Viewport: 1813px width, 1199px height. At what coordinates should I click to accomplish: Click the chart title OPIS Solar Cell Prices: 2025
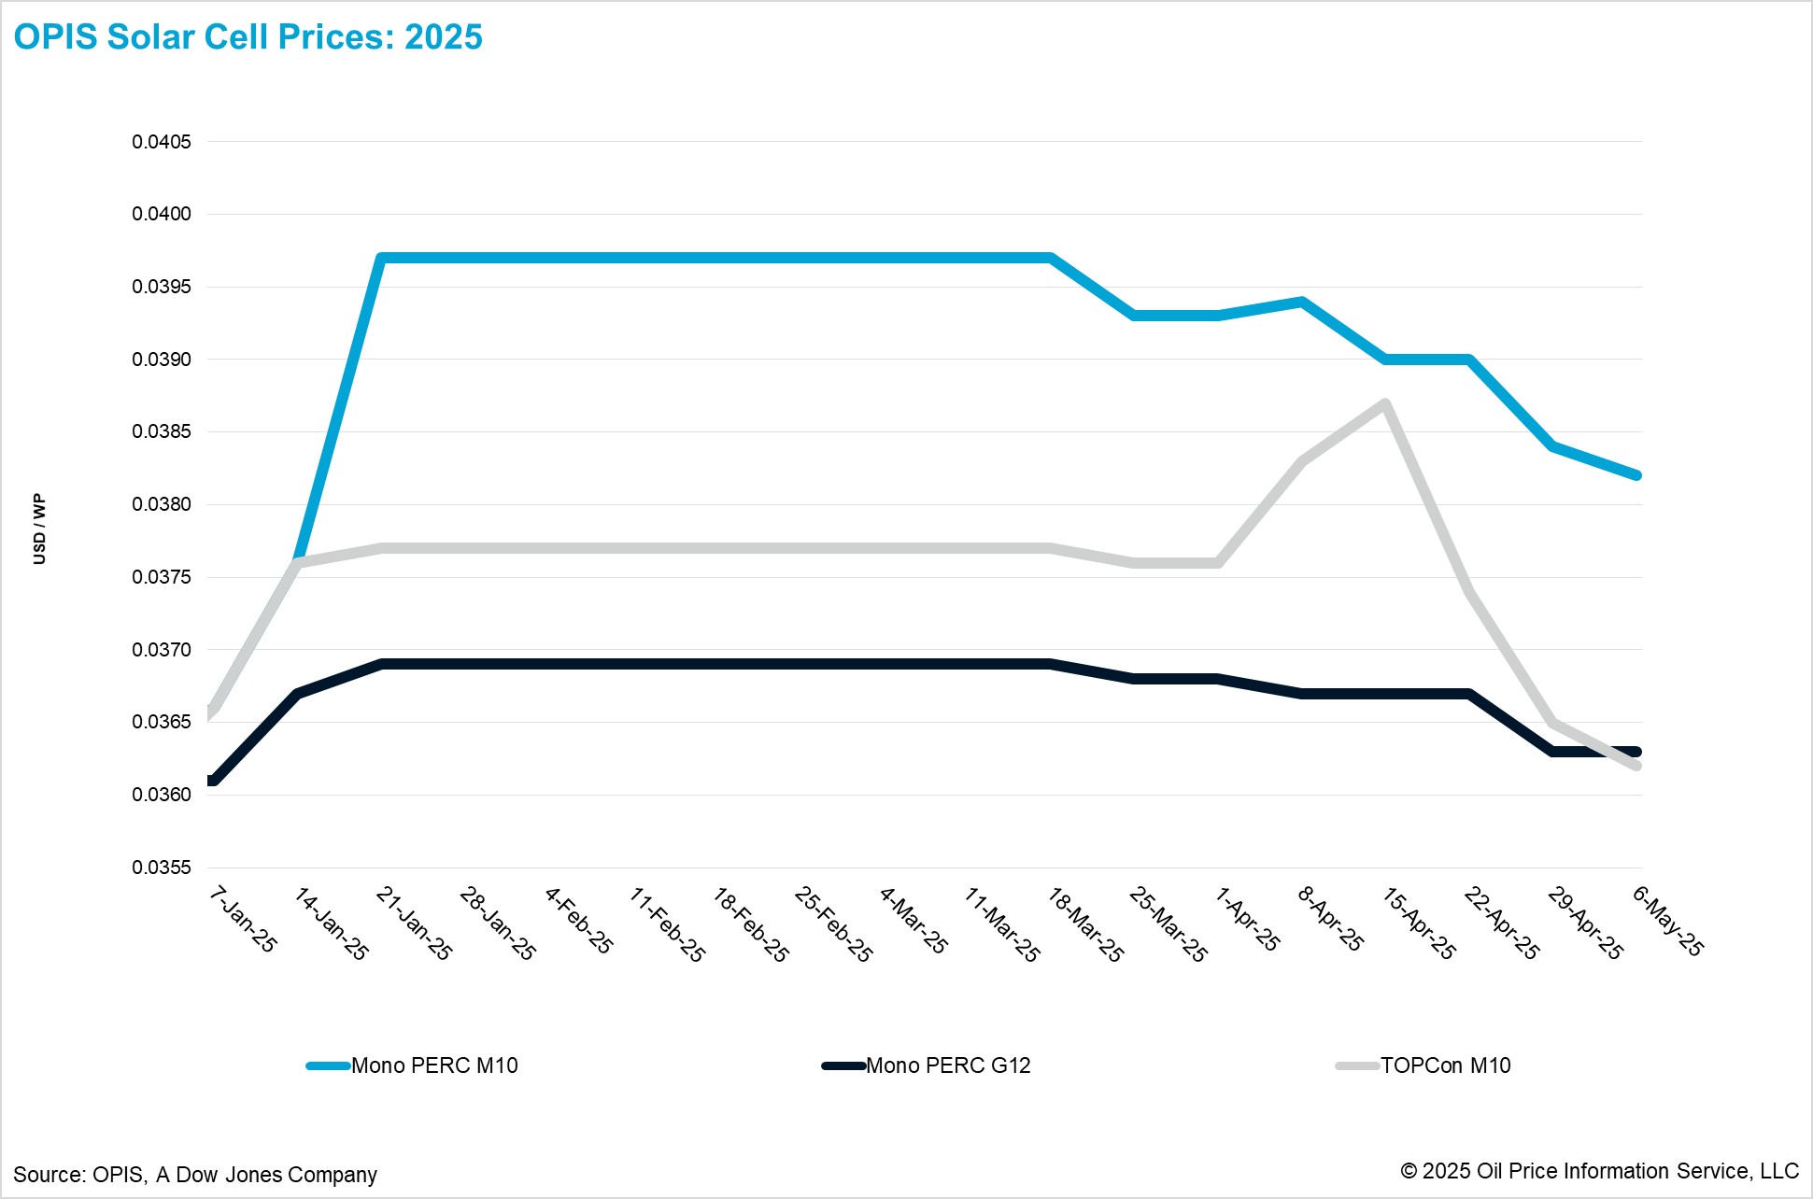coord(248,37)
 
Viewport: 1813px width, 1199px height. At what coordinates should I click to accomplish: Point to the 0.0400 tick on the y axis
coord(162,214)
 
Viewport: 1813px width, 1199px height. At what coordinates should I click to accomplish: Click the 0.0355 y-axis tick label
coord(162,868)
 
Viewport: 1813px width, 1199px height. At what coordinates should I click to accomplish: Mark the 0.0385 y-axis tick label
coord(162,431)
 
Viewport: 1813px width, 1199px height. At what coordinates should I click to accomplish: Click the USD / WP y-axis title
coord(39,529)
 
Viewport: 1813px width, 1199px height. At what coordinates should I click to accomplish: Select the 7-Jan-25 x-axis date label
coord(243,920)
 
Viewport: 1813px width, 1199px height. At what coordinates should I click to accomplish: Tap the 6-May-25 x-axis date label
coord(1668,921)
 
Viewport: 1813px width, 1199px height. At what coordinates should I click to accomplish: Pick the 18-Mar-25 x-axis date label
coord(1085,924)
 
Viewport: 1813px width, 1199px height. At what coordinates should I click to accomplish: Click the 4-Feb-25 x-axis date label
coord(579,921)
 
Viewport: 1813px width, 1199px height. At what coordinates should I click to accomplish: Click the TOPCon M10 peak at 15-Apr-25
coord(1385,403)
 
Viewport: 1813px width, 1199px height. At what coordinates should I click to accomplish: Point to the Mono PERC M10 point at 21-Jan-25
coord(382,258)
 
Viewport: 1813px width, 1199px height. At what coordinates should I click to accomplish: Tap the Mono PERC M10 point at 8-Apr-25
coord(1302,302)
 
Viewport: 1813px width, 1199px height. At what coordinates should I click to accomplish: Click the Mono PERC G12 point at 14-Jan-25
coord(297,693)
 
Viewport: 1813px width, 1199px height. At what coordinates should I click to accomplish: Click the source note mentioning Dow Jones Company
coord(195,1175)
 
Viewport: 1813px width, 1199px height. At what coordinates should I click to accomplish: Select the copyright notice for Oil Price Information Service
coord(1599,1171)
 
